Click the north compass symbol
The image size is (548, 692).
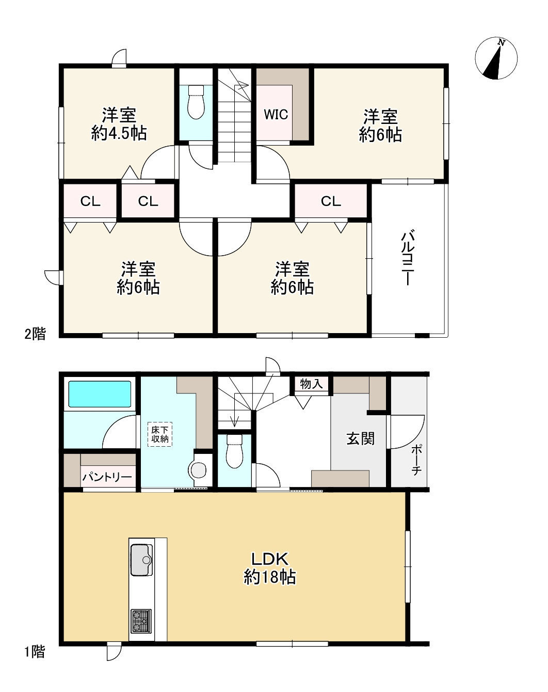point(496,58)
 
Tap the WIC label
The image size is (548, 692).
point(276,114)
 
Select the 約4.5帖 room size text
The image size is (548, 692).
point(119,133)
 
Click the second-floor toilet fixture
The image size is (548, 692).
point(196,102)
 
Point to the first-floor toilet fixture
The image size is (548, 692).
point(234,451)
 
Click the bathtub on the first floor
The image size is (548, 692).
point(100,394)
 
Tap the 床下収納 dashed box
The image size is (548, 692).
point(160,434)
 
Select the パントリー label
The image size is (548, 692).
point(107,477)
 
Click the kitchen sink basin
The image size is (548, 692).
point(142,560)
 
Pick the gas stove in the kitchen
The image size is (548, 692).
point(141,621)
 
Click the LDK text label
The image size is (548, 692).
point(270,559)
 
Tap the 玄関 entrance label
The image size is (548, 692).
point(361,438)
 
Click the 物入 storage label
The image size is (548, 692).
point(311,384)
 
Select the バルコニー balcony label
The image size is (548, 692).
point(408,257)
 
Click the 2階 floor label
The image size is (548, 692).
point(36,334)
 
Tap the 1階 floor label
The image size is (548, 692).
point(35,652)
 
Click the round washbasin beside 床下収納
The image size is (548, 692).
point(199,471)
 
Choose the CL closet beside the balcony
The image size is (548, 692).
point(331,201)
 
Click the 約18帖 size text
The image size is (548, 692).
point(270,577)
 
